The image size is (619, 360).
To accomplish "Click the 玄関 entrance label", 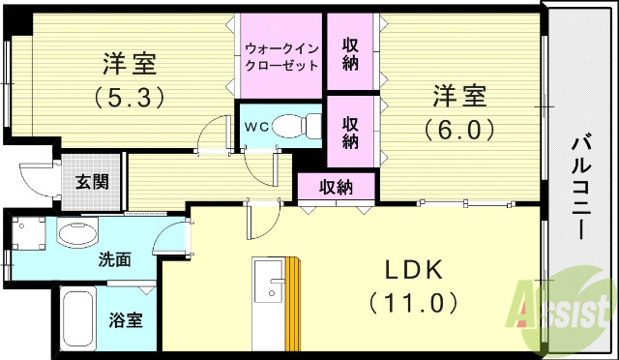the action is tap(94, 181).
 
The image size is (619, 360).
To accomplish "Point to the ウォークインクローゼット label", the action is tap(279, 54).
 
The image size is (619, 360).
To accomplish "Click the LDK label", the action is tap(412, 268).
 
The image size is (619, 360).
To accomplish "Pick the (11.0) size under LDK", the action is tap(412, 303).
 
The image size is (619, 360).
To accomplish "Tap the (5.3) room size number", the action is tap(130, 97).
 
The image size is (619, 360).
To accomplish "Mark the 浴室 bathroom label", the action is tap(124, 318).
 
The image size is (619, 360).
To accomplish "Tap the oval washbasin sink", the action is tap(77, 233).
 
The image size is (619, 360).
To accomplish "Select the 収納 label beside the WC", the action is tap(350, 132).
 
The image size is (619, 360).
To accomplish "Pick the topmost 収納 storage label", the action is tap(350, 54).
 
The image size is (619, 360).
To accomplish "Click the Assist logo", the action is tap(565, 308).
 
